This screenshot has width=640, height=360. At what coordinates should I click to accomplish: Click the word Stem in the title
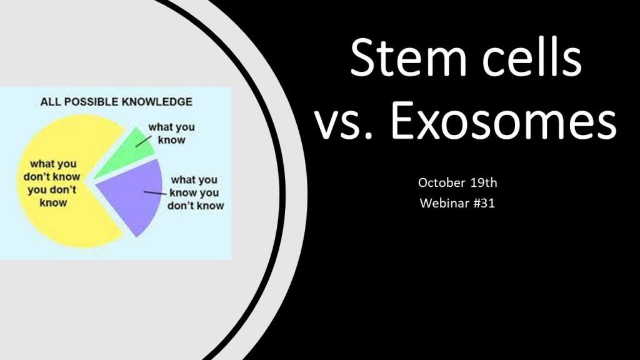point(407,57)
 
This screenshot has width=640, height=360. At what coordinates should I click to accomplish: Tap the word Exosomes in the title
point(503,119)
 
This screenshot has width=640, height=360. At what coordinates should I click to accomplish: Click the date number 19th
point(484,182)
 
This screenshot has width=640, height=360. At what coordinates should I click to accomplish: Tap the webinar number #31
point(484,203)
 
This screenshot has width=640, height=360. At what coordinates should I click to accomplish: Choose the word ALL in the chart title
point(50,102)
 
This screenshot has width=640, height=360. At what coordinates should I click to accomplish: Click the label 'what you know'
point(171,134)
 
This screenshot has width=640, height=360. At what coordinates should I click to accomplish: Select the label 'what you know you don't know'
point(196,192)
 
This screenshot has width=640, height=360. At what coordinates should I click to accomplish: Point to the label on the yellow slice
point(52,183)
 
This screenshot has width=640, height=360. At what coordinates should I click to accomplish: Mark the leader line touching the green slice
point(143,141)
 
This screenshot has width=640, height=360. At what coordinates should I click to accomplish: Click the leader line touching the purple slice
point(155,192)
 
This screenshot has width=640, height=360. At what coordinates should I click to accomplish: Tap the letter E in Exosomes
point(402,119)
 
